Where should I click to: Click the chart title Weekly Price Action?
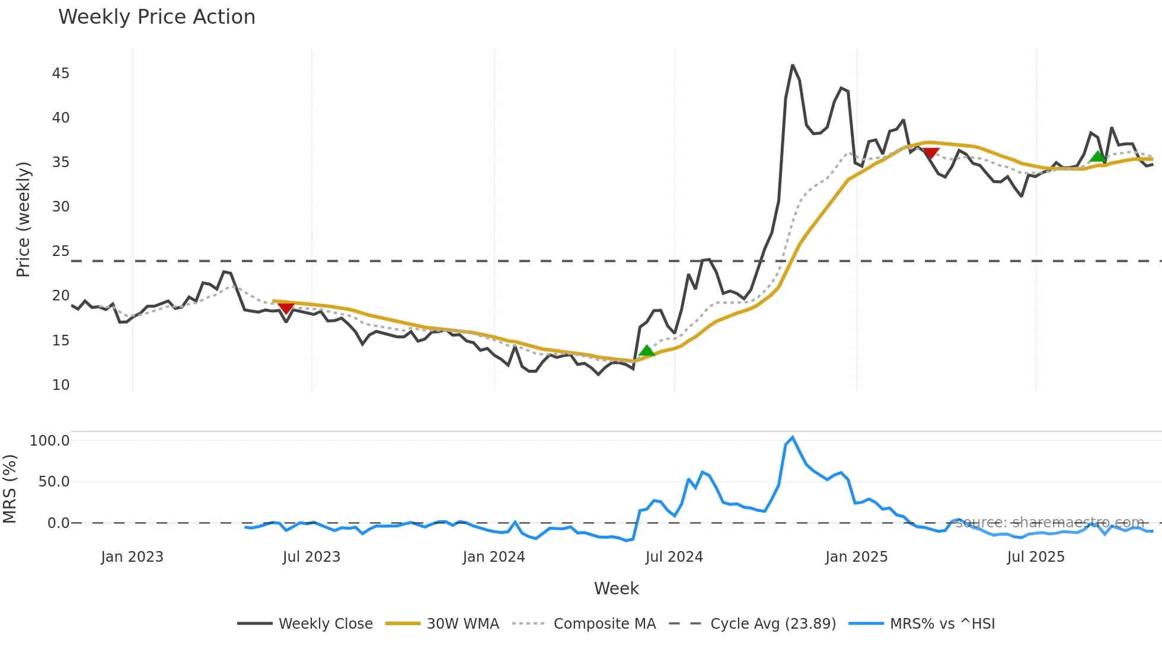click(x=157, y=17)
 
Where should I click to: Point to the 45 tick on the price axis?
click(x=60, y=73)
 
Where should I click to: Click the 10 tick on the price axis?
click(x=60, y=385)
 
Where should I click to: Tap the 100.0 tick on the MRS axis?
click(x=50, y=441)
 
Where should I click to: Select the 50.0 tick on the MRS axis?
click(x=54, y=482)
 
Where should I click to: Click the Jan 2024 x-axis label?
click(x=494, y=557)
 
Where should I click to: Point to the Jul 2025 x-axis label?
click(x=1036, y=557)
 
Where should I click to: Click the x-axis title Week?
click(x=616, y=588)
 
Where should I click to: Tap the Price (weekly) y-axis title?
click(x=23, y=219)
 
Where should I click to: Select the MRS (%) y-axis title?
click(x=9, y=489)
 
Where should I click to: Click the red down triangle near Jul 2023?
click(x=286, y=308)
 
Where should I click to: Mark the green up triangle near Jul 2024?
click(x=647, y=351)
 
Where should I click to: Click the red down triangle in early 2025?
click(x=931, y=153)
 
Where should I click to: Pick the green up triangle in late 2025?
click(x=1098, y=156)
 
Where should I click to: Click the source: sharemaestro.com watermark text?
click(x=1049, y=523)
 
